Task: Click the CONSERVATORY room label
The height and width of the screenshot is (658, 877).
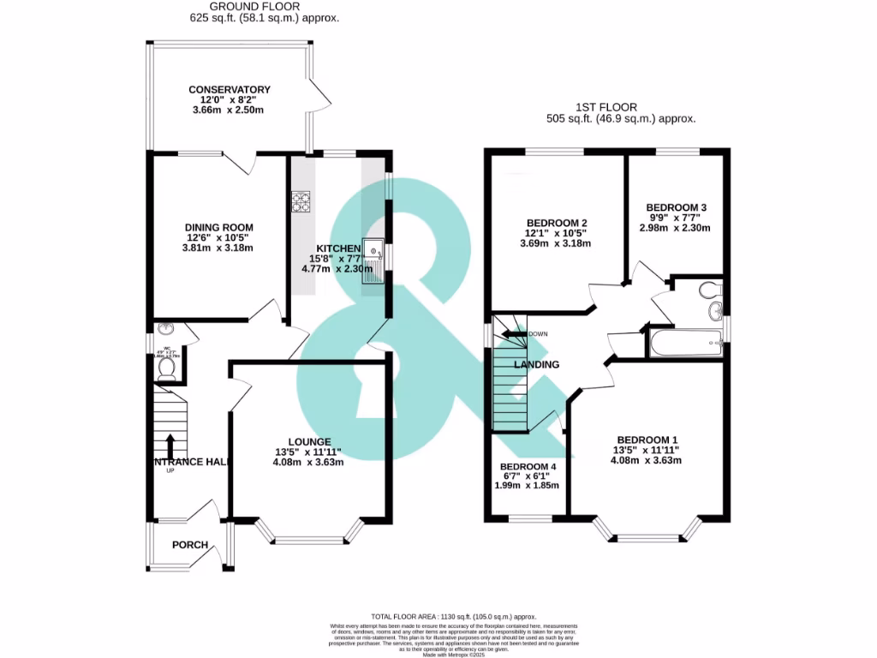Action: click(x=229, y=89)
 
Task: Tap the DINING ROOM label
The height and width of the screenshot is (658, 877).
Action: click(x=218, y=227)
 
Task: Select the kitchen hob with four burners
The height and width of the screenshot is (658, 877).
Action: click(x=301, y=202)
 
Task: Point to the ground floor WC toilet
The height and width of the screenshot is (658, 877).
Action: click(x=167, y=369)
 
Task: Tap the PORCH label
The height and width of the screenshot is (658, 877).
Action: click(x=190, y=545)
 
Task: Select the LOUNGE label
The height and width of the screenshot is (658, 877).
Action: click(x=309, y=441)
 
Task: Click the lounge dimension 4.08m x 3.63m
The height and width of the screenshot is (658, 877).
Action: click(x=309, y=462)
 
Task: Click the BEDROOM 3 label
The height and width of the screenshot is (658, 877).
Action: click(x=676, y=207)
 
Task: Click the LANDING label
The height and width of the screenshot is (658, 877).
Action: click(x=536, y=364)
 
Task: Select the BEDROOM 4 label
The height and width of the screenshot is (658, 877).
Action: click(x=528, y=467)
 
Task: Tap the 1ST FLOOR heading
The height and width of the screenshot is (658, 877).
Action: click(x=620, y=107)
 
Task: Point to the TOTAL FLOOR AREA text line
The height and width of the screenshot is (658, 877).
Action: click(x=453, y=616)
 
